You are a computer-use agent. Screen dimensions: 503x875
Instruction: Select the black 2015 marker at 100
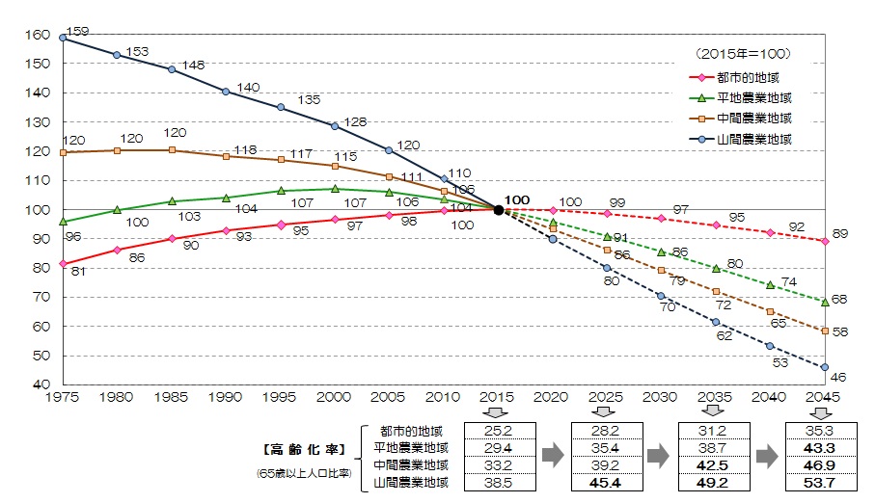[499, 209]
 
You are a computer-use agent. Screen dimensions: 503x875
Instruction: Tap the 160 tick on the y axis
[36, 35]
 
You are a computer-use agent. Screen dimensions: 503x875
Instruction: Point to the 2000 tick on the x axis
[335, 397]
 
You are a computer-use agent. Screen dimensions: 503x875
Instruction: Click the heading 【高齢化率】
[303, 449]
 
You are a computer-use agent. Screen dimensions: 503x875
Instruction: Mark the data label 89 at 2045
[840, 235]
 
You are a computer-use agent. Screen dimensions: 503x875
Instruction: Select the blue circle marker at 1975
[63, 38]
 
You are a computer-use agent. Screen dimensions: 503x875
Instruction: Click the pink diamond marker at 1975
[63, 263]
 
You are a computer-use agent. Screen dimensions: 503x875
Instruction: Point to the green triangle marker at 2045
[825, 302]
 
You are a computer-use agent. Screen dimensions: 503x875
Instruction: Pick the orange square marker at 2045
[825, 331]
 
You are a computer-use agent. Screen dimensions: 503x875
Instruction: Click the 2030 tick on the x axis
[662, 397]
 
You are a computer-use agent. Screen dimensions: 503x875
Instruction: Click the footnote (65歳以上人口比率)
[304, 473]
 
